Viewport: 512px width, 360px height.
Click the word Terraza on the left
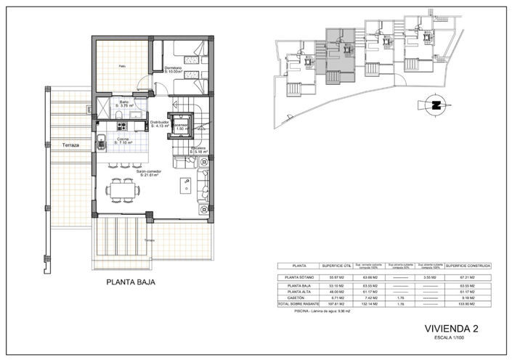70,145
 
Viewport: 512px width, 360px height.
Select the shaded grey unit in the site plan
335,49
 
